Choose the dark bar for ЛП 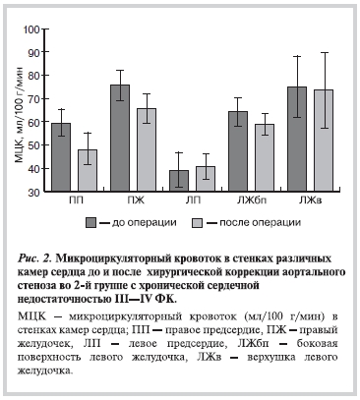coord(178,181)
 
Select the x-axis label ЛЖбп coord(250,202)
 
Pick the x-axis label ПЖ coord(134,202)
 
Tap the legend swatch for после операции coord(197,223)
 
